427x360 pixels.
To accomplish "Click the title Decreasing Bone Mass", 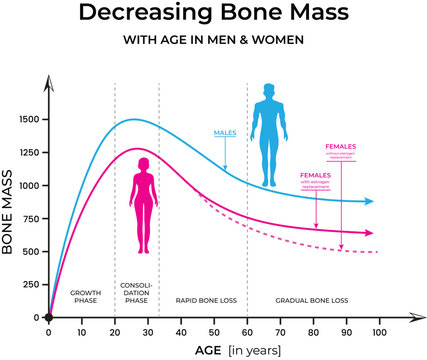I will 213,14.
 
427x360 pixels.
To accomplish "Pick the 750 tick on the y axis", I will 30,218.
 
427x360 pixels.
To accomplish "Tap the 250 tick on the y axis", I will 30,284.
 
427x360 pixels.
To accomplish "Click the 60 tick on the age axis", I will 247,330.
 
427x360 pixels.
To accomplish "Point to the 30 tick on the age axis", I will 147,330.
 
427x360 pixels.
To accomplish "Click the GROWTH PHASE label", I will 85,296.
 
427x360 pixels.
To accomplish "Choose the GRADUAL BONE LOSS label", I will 312,299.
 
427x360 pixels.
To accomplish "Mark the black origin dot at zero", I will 48,317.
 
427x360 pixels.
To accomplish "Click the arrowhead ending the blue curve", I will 370,202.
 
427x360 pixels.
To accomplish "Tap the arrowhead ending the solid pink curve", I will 369,233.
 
